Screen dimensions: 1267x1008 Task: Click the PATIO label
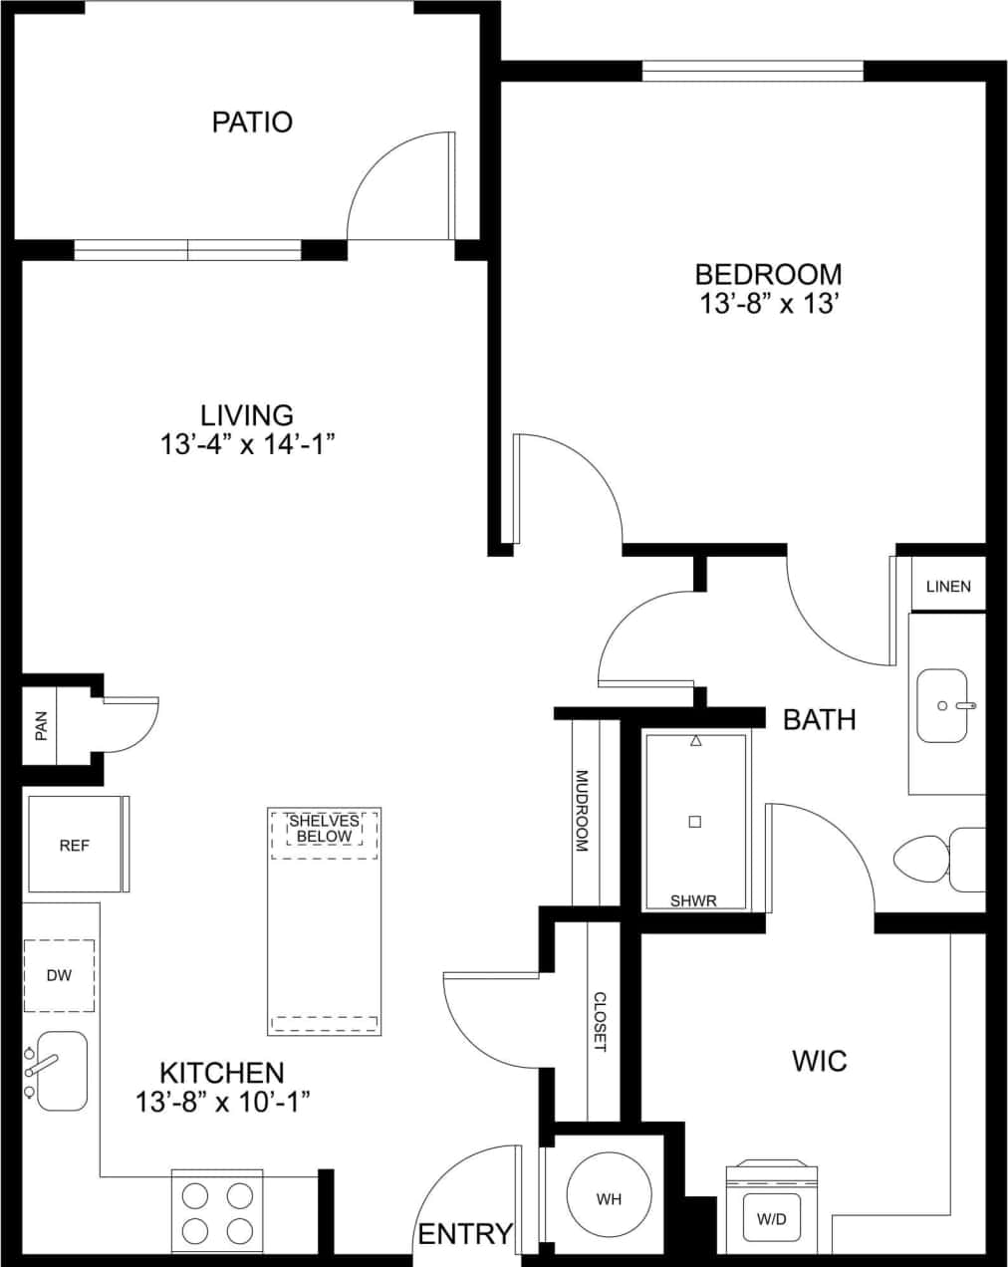pos(252,123)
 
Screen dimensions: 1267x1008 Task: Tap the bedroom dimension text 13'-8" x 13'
pos(766,304)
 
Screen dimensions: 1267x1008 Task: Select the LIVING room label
pos(247,414)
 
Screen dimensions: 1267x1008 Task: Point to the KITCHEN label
pos(222,1073)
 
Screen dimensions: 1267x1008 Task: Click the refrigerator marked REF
pos(75,845)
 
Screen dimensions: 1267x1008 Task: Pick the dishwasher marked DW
pos(59,975)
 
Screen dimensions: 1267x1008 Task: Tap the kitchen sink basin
pos(62,1072)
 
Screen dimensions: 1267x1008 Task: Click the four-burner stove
pos(217,1211)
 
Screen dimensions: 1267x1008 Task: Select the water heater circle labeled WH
pos(609,1199)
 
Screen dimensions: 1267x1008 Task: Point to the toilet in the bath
pos(936,858)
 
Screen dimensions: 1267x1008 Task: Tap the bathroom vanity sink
pos(941,706)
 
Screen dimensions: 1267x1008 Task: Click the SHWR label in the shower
pos(693,900)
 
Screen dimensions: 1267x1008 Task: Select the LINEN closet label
pos(947,586)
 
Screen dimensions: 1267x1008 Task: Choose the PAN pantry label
pos(41,726)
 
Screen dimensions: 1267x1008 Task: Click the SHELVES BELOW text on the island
pos(324,829)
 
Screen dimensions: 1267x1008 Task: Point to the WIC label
pos(819,1061)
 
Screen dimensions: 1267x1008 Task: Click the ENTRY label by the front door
pos(465,1234)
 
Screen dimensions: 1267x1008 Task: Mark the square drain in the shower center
pos(695,822)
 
